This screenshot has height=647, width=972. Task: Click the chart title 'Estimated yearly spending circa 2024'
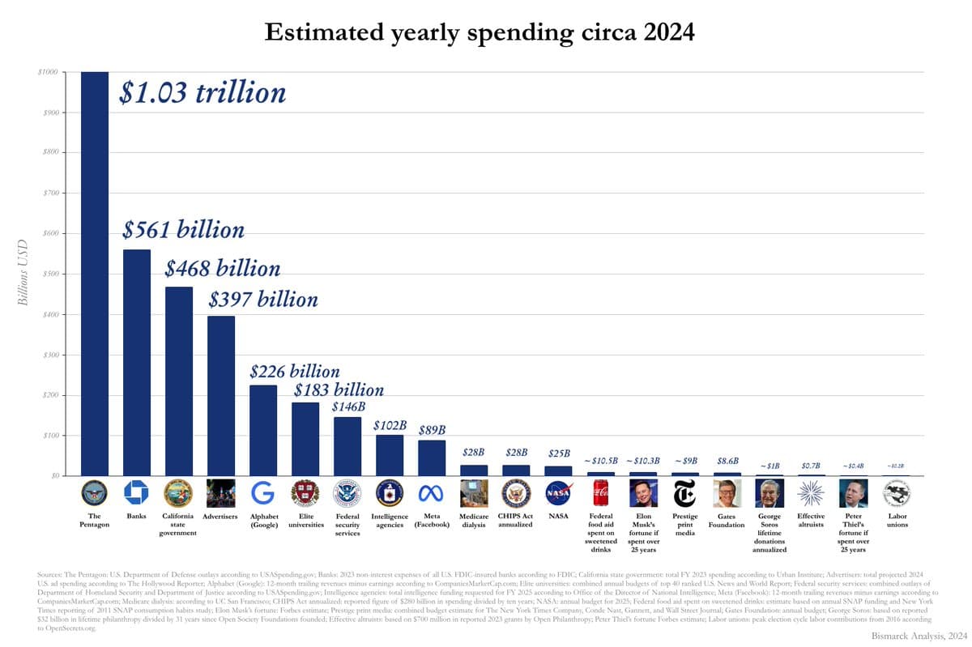[480, 32]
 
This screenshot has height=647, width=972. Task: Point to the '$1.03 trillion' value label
[202, 92]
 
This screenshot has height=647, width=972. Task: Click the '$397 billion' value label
[263, 300]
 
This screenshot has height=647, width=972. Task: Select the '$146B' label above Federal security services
[349, 407]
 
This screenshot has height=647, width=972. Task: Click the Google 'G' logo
[263, 492]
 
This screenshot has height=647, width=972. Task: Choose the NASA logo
[558, 492]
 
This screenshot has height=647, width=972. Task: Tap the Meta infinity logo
[432, 492]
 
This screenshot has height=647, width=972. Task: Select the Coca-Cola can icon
[600, 492]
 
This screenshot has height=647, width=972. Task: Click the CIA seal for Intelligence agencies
[390, 492]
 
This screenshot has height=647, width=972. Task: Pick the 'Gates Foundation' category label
[727, 520]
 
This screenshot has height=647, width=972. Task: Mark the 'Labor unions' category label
[897, 520]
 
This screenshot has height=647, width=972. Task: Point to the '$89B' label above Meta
[432, 430]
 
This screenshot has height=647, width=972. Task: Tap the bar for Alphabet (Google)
[263, 430]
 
